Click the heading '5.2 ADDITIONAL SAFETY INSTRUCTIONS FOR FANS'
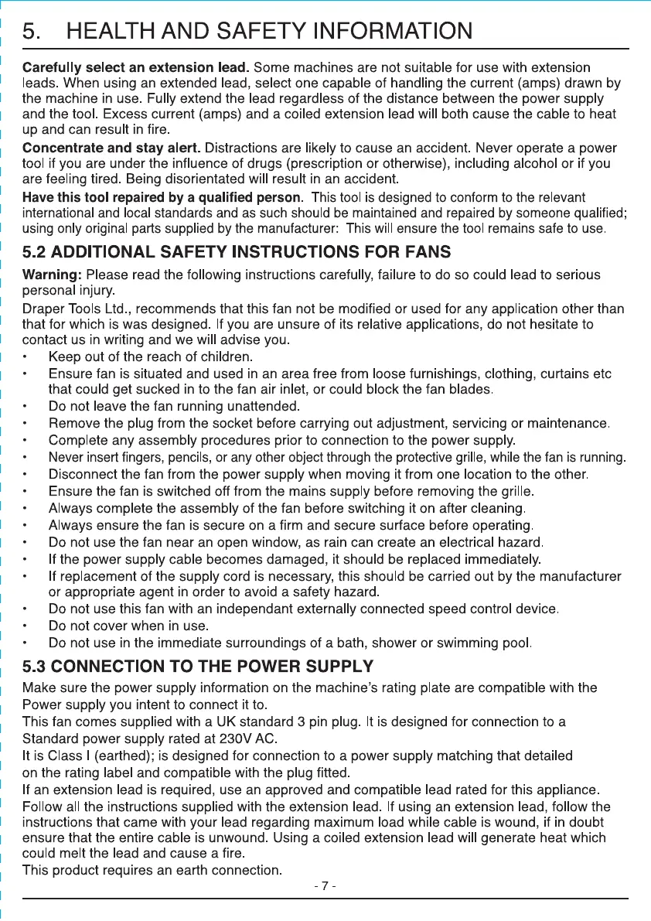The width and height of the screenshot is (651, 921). pyautogui.click(x=237, y=251)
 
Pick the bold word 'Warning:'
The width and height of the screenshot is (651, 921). pyautogui.click(x=53, y=275)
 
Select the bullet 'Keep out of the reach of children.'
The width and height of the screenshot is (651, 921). pyautogui.click(x=152, y=356)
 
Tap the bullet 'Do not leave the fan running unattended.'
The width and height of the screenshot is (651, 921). pyautogui.click(x=174, y=405)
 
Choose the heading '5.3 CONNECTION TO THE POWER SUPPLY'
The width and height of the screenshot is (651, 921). pyautogui.click(x=199, y=667)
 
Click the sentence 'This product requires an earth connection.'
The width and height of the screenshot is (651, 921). pyautogui.click(x=151, y=871)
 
